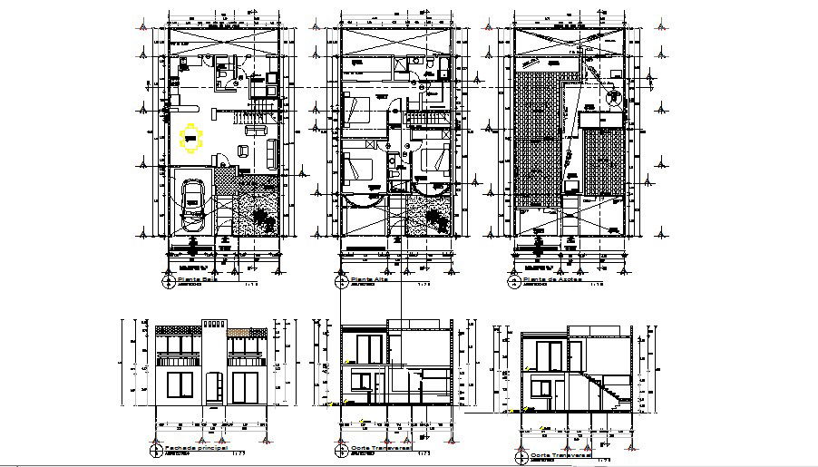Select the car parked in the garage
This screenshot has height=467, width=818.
click(192, 204)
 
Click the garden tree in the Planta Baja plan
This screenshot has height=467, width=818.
click(263, 217)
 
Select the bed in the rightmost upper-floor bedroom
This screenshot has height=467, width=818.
click(433, 161)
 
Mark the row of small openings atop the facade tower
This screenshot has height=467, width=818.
click(214, 324)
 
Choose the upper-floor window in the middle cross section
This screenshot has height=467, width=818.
click(368, 350)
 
